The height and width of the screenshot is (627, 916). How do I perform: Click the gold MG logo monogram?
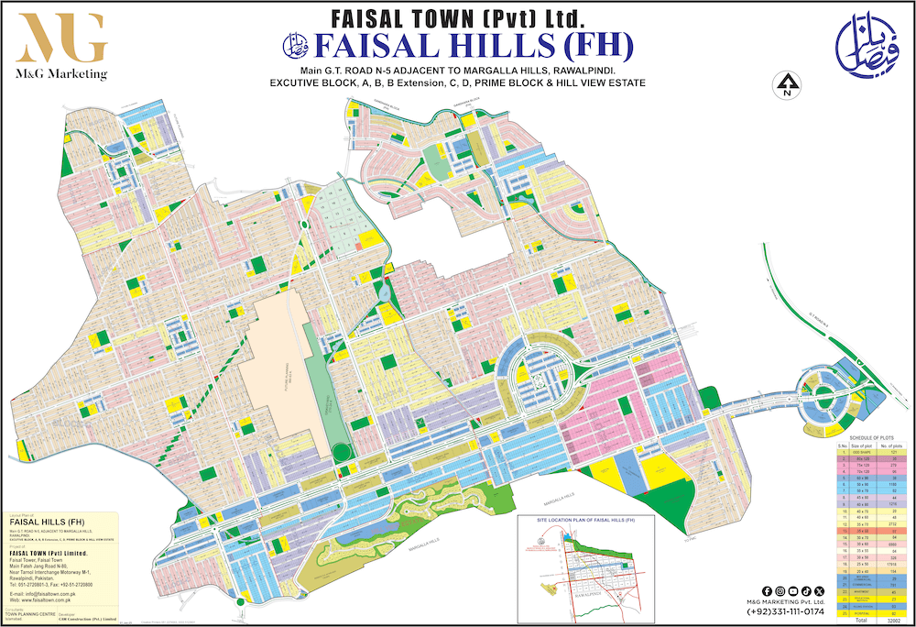pyautogui.click(x=61, y=38)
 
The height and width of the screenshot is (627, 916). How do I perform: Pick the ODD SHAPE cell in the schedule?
pyautogui.click(x=861, y=452)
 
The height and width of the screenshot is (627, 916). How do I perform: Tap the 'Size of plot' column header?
pyautogui.click(x=861, y=445)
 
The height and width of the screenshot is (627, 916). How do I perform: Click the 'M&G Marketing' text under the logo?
pyautogui.click(x=61, y=73)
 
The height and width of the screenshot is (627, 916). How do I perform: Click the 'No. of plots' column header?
pyautogui.click(x=886, y=445)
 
